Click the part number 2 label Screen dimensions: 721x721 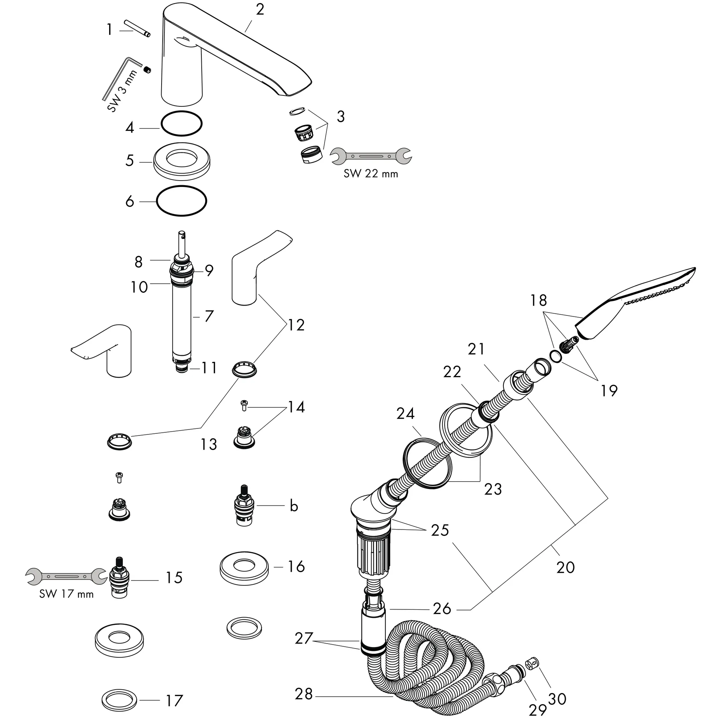[x=260, y=10]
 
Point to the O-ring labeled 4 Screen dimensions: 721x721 [x=181, y=123]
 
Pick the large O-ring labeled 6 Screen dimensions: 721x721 [x=181, y=200]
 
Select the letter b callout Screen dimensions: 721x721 [x=294, y=506]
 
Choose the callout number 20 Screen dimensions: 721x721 [x=565, y=567]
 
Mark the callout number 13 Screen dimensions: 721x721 [x=209, y=444]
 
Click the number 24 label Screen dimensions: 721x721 [x=405, y=414]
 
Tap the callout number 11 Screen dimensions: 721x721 [x=209, y=368]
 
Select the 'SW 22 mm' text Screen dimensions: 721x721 [x=371, y=174]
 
